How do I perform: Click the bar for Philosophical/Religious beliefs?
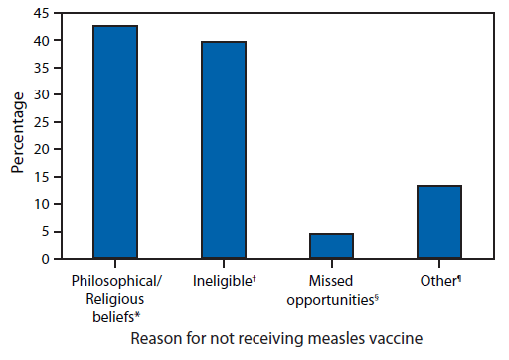(115, 142)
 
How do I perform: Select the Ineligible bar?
(224, 150)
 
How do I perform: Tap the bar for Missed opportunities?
(331, 246)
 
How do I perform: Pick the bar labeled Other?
(439, 222)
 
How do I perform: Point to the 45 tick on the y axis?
(45, 14)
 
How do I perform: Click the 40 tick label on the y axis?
(45, 42)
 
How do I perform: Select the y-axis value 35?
(45, 69)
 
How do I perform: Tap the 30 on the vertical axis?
(45, 95)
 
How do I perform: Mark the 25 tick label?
(45, 122)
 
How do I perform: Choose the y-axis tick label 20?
(45, 150)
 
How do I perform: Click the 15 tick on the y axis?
(45, 177)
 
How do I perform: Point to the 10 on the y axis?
(45, 204)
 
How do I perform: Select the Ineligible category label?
(223, 281)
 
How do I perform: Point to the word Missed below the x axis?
(331, 281)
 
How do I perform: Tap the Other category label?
(438, 281)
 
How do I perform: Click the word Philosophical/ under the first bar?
(115, 281)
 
